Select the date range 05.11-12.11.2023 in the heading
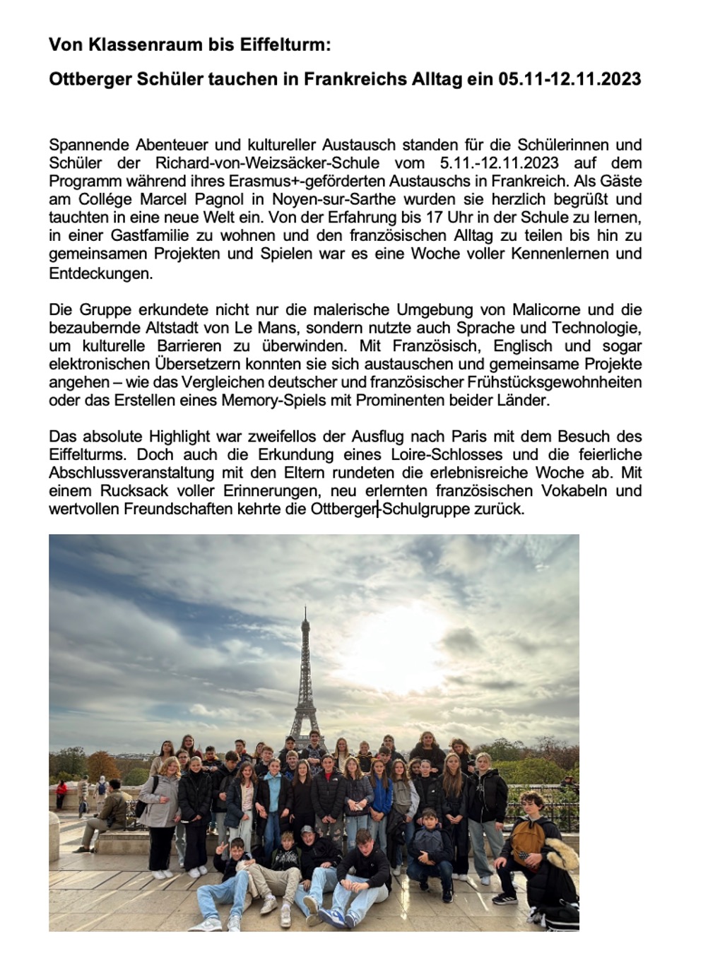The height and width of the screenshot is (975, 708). [x=570, y=79]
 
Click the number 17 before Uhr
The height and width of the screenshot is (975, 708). [x=434, y=218]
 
